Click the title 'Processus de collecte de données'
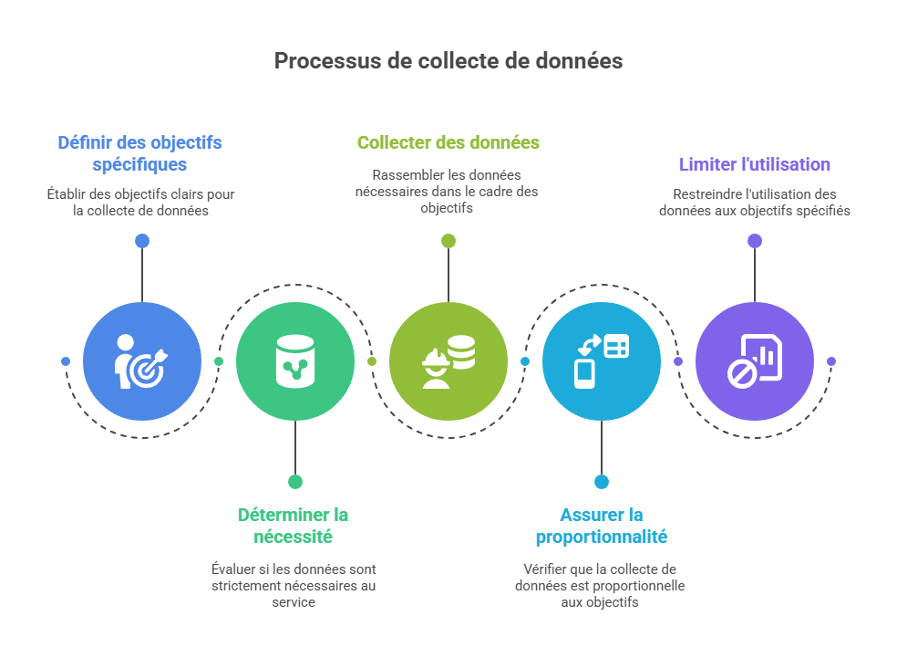tap(448, 61)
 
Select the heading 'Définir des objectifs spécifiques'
tap(139, 153)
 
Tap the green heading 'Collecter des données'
tap(448, 142)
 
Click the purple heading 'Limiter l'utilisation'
tap(754, 164)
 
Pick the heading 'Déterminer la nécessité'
tap(293, 525)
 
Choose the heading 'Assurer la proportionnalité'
tap(601, 525)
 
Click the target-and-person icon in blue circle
tap(142, 361)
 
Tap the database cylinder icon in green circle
tap(295, 361)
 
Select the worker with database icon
tap(448, 361)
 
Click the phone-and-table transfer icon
tap(602, 361)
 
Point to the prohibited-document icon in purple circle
tap(755, 361)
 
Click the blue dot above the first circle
tap(141, 241)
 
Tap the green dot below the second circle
tap(294, 482)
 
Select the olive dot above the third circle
tap(448, 241)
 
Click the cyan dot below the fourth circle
tap(601, 482)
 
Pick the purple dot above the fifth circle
tap(754, 241)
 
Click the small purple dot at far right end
tap(831, 361)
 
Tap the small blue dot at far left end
tap(66, 361)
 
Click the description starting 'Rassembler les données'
tap(447, 191)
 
